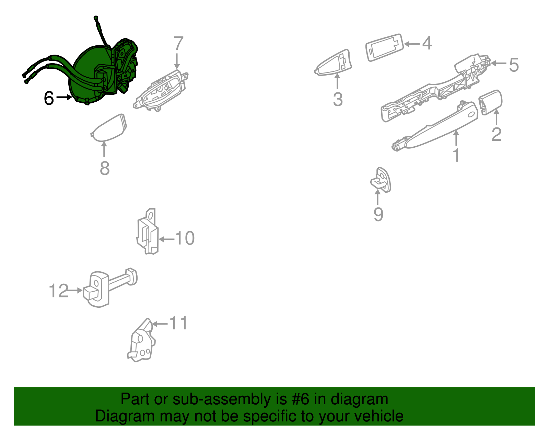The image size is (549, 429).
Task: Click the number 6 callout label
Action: (49, 98)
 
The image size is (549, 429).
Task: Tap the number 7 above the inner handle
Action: (178, 44)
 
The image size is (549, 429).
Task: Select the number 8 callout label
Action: (105, 168)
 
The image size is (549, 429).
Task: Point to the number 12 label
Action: (58, 291)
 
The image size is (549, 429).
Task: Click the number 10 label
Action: (185, 238)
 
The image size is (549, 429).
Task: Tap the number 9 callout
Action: (378, 215)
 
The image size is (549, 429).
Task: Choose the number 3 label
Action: (338, 99)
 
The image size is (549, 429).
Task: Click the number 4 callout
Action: (427, 43)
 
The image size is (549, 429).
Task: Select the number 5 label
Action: (514, 65)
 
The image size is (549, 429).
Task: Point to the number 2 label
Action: (497, 135)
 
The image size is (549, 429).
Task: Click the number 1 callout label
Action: (457, 155)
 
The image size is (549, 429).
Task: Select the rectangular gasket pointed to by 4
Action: (384, 47)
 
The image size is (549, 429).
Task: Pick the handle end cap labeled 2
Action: (490, 102)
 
